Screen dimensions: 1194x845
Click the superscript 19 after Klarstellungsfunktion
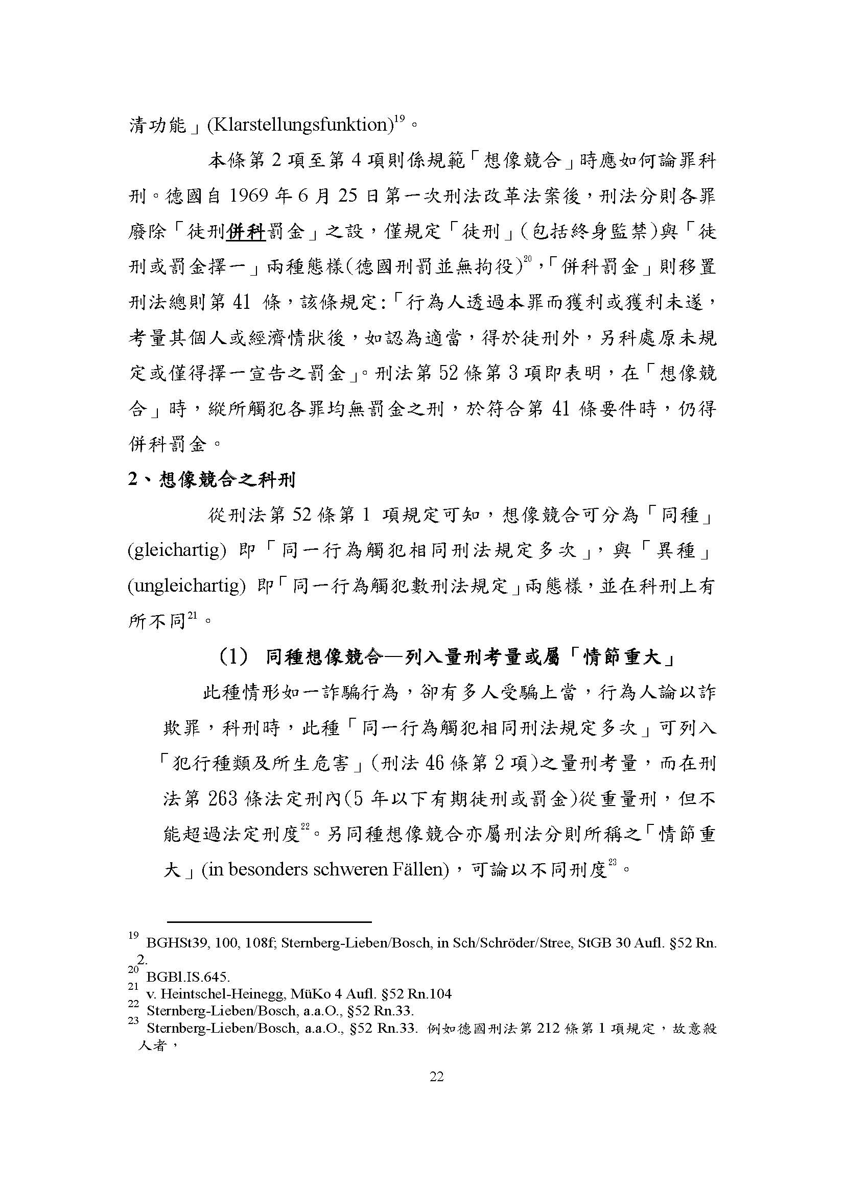399,119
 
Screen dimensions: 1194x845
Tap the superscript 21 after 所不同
192,616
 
